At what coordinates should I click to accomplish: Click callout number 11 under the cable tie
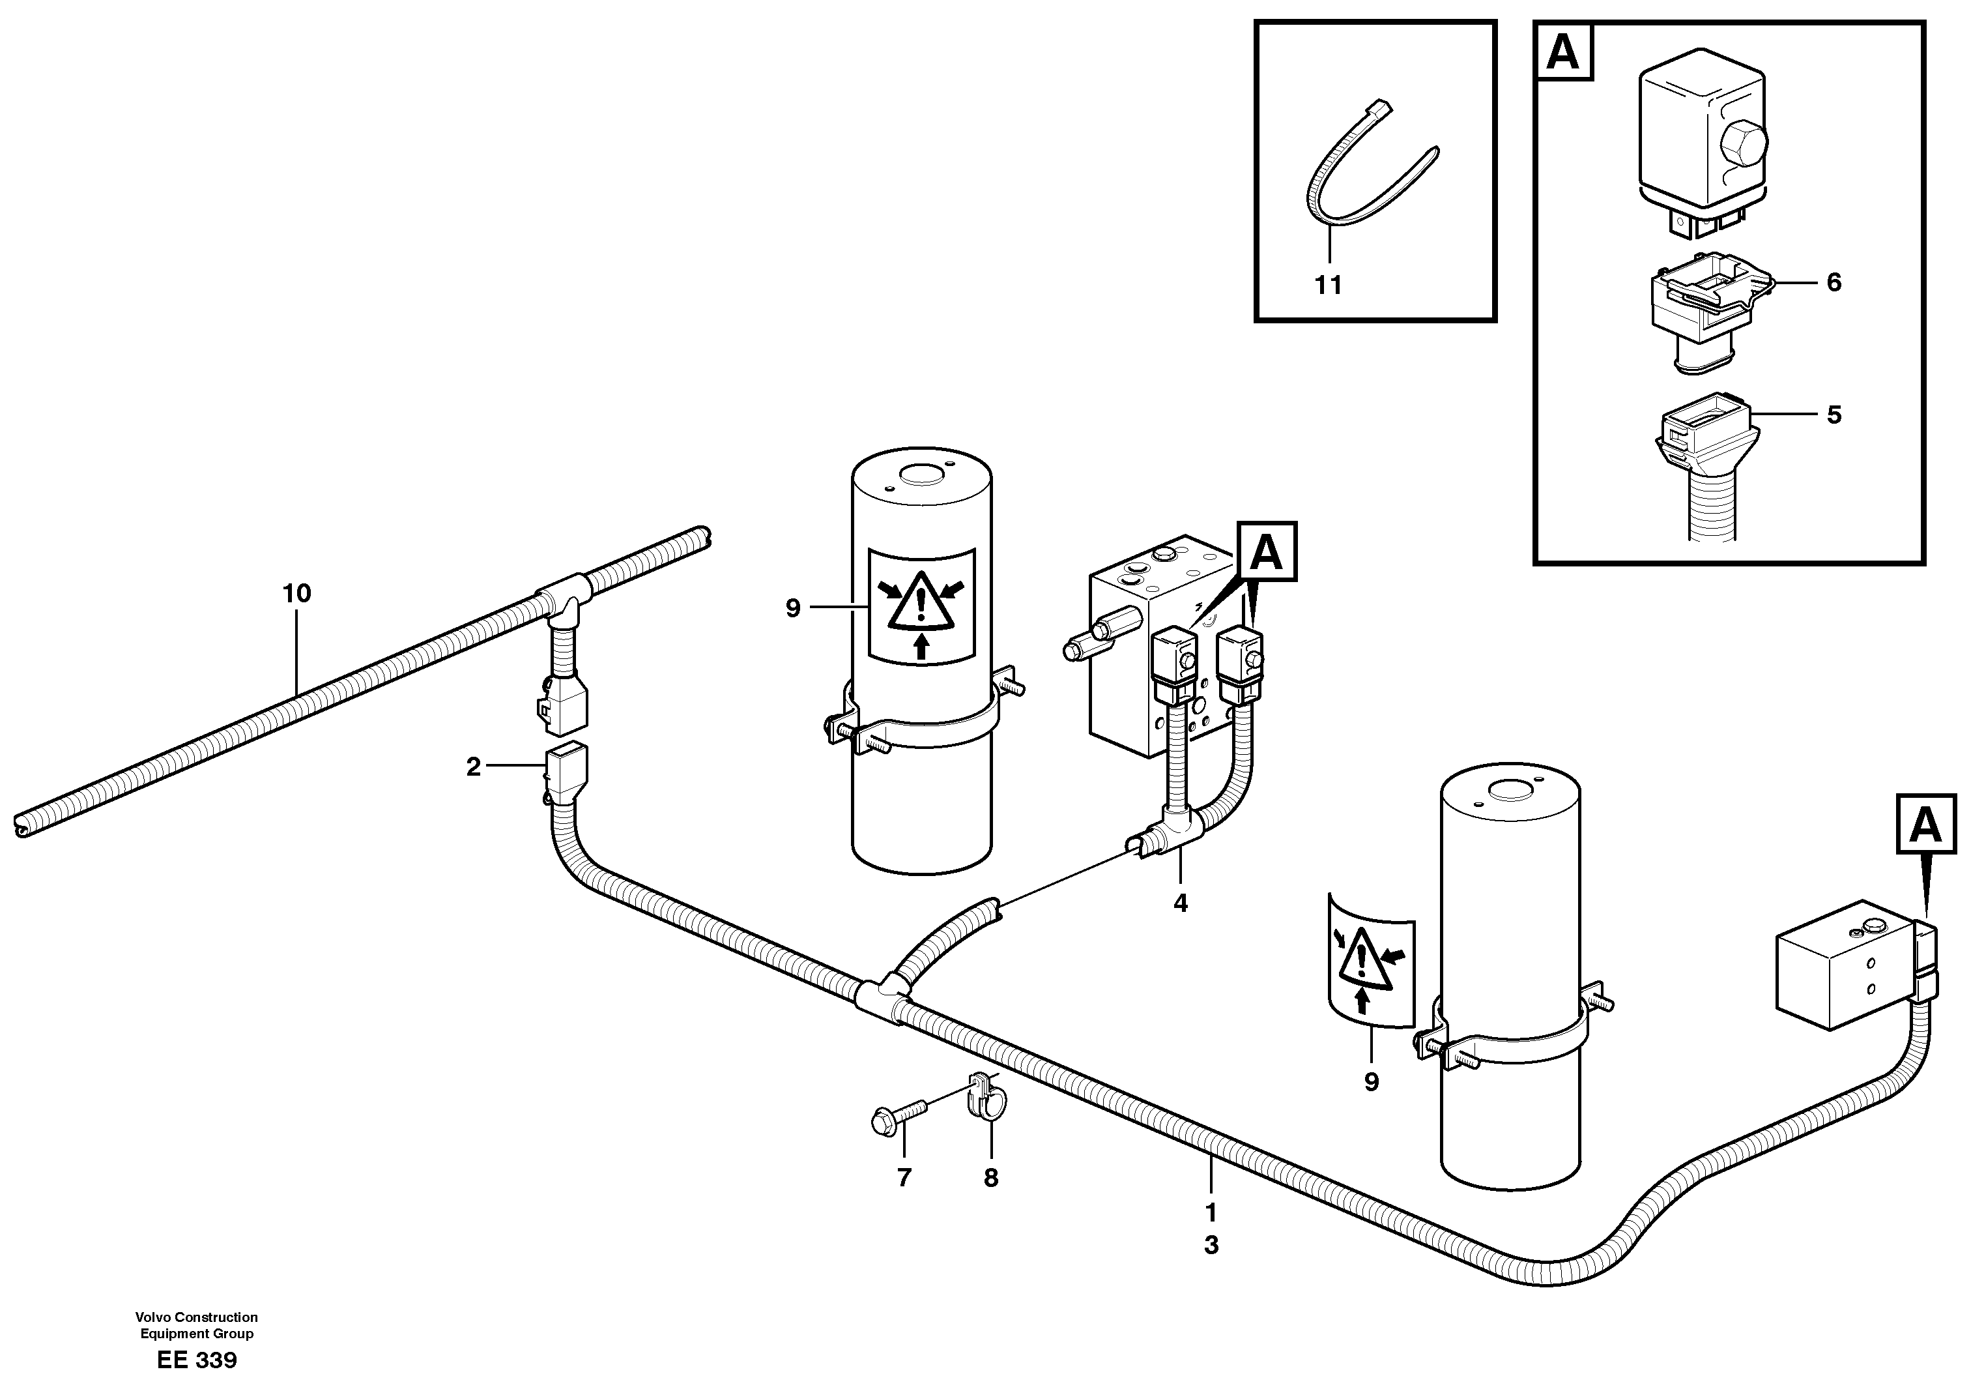click(1328, 285)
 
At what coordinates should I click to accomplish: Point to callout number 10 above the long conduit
click(296, 593)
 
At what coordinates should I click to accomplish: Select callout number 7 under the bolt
click(903, 1178)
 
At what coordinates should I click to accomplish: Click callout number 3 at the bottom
click(1211, 1245)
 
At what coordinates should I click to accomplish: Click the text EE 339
click(197, 1360)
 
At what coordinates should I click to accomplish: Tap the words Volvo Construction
click(197, 1317)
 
